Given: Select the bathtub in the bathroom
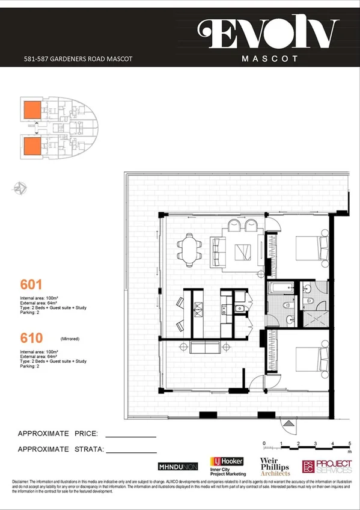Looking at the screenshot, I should pos(281,288).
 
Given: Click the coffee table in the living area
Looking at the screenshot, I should pos(243,252).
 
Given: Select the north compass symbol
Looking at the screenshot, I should pos(20,188).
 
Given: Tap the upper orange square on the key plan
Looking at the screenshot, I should pos(31,110).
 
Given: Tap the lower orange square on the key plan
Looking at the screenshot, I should pos(31,146).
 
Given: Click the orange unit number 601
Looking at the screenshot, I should pos(31,284).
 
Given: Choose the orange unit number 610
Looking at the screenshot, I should pos(31,340).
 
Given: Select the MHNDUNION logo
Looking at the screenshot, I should pos(177,467).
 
